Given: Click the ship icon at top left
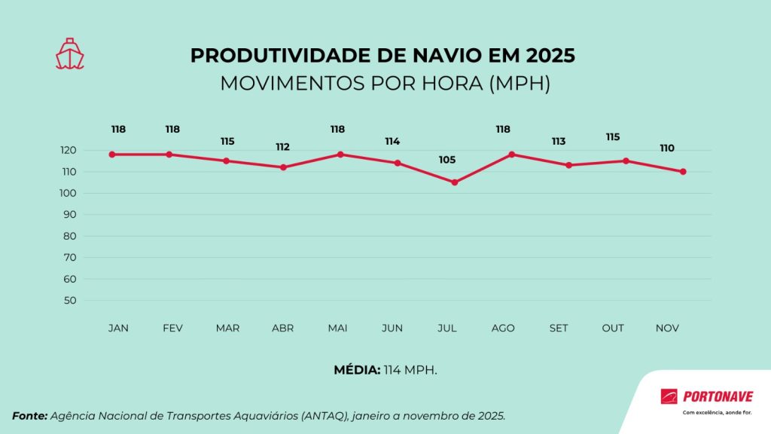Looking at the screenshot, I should point(69,53).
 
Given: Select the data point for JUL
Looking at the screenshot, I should point(455,182).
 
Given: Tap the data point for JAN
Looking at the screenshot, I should point(112,154).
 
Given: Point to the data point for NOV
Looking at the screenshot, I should point(683,172).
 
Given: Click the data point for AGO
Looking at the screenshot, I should point(512,154).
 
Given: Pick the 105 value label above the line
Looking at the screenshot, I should point(447,160).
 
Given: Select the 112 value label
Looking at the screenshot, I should point(282,147).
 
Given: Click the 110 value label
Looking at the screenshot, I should point(667,148).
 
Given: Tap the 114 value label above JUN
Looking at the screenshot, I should point(392,142).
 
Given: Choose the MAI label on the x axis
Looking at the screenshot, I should point(338,329).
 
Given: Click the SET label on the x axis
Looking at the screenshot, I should point(559,329).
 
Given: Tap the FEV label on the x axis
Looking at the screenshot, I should point(172,329).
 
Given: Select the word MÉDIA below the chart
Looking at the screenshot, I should point(357,370).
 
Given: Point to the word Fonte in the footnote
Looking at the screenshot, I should point(30,416).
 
